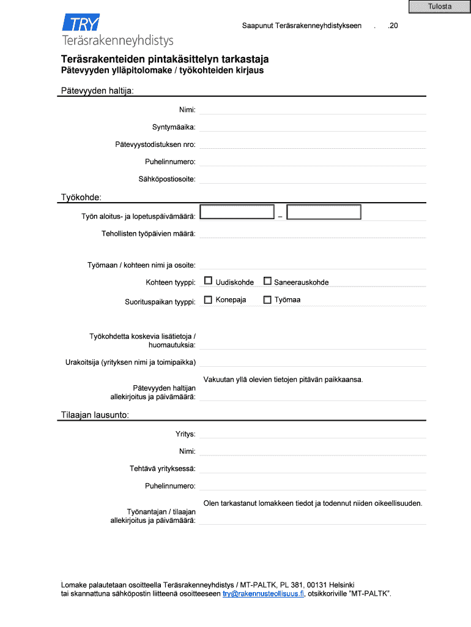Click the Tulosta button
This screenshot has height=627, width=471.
tap(440, 7)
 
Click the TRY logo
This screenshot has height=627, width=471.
tap(81, 24)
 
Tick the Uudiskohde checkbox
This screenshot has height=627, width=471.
tap(208, 281)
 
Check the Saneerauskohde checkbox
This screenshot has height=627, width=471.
tap(267, 281)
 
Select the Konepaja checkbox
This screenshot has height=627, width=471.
tap(208, 299)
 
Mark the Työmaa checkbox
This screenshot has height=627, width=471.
tap(267, 299)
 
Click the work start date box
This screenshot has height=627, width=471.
tap(237, 212)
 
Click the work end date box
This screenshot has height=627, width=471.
tap(324, 212)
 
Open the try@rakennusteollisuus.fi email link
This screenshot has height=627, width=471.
tap(263, 594)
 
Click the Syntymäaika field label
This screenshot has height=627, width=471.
tap(174, 127)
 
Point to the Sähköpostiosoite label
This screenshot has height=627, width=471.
tap(167, 179)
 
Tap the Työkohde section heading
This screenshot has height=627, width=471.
tap(81, 197)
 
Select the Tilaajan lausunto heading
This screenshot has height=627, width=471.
tap(94, 415)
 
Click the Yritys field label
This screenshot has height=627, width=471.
tap(185, 434)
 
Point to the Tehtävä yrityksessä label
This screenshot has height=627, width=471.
tap(162, 468)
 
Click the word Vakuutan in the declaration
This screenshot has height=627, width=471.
tap(219, 379)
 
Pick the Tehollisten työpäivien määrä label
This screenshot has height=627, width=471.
tap(148, 234)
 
